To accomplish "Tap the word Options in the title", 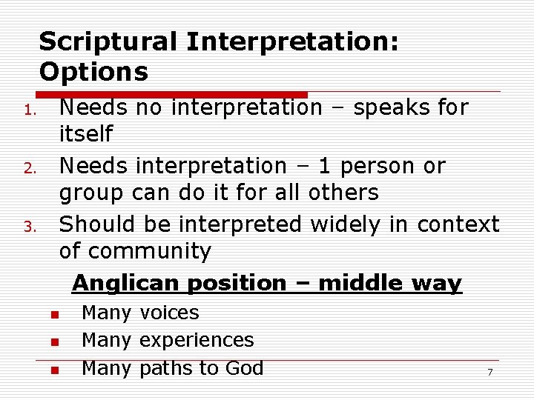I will [x=93, y=72].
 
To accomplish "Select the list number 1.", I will [x=28, y=112].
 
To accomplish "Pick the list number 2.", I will [x=28, y=170].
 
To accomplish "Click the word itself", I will [x=86, y=134].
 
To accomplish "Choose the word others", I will [x=340, y=193].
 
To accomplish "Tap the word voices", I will [x=169, y=313].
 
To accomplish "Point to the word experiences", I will [x=197, y=340].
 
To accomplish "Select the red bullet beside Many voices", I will [x=54, y=316].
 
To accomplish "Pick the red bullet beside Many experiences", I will [x=54, y=343].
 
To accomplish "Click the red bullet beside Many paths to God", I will [x=54, y=370].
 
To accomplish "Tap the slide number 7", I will [x=489, y=372].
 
